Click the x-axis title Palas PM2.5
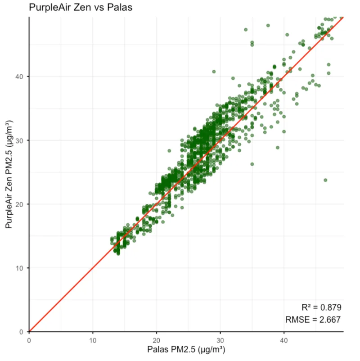(186, 349)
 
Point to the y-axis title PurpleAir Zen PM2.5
(9, 174)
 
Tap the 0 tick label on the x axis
(29, 340)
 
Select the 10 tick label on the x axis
(93, 340)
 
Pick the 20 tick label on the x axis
(157, 340)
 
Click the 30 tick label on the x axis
(220, 340)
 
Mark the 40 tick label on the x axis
(284, 340)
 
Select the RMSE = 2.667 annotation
(313, 320)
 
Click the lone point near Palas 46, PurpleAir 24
(325, 180)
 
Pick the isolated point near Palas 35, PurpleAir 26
(252, 164)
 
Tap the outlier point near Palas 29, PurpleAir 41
(214, 72)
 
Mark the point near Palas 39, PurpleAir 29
(278, 147)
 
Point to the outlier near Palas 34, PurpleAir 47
(246, 30)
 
